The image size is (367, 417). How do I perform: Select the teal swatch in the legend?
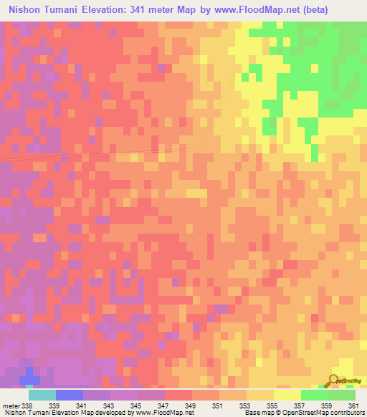(42, 395)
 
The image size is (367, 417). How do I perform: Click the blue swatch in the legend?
(70, 395)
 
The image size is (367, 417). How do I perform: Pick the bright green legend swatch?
(315, 395)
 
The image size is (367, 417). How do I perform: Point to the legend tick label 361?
(352, 405)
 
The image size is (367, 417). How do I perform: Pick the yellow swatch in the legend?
(287, 395)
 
